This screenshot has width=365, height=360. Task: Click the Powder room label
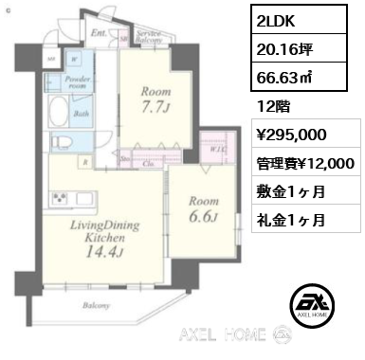pos(77,82)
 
